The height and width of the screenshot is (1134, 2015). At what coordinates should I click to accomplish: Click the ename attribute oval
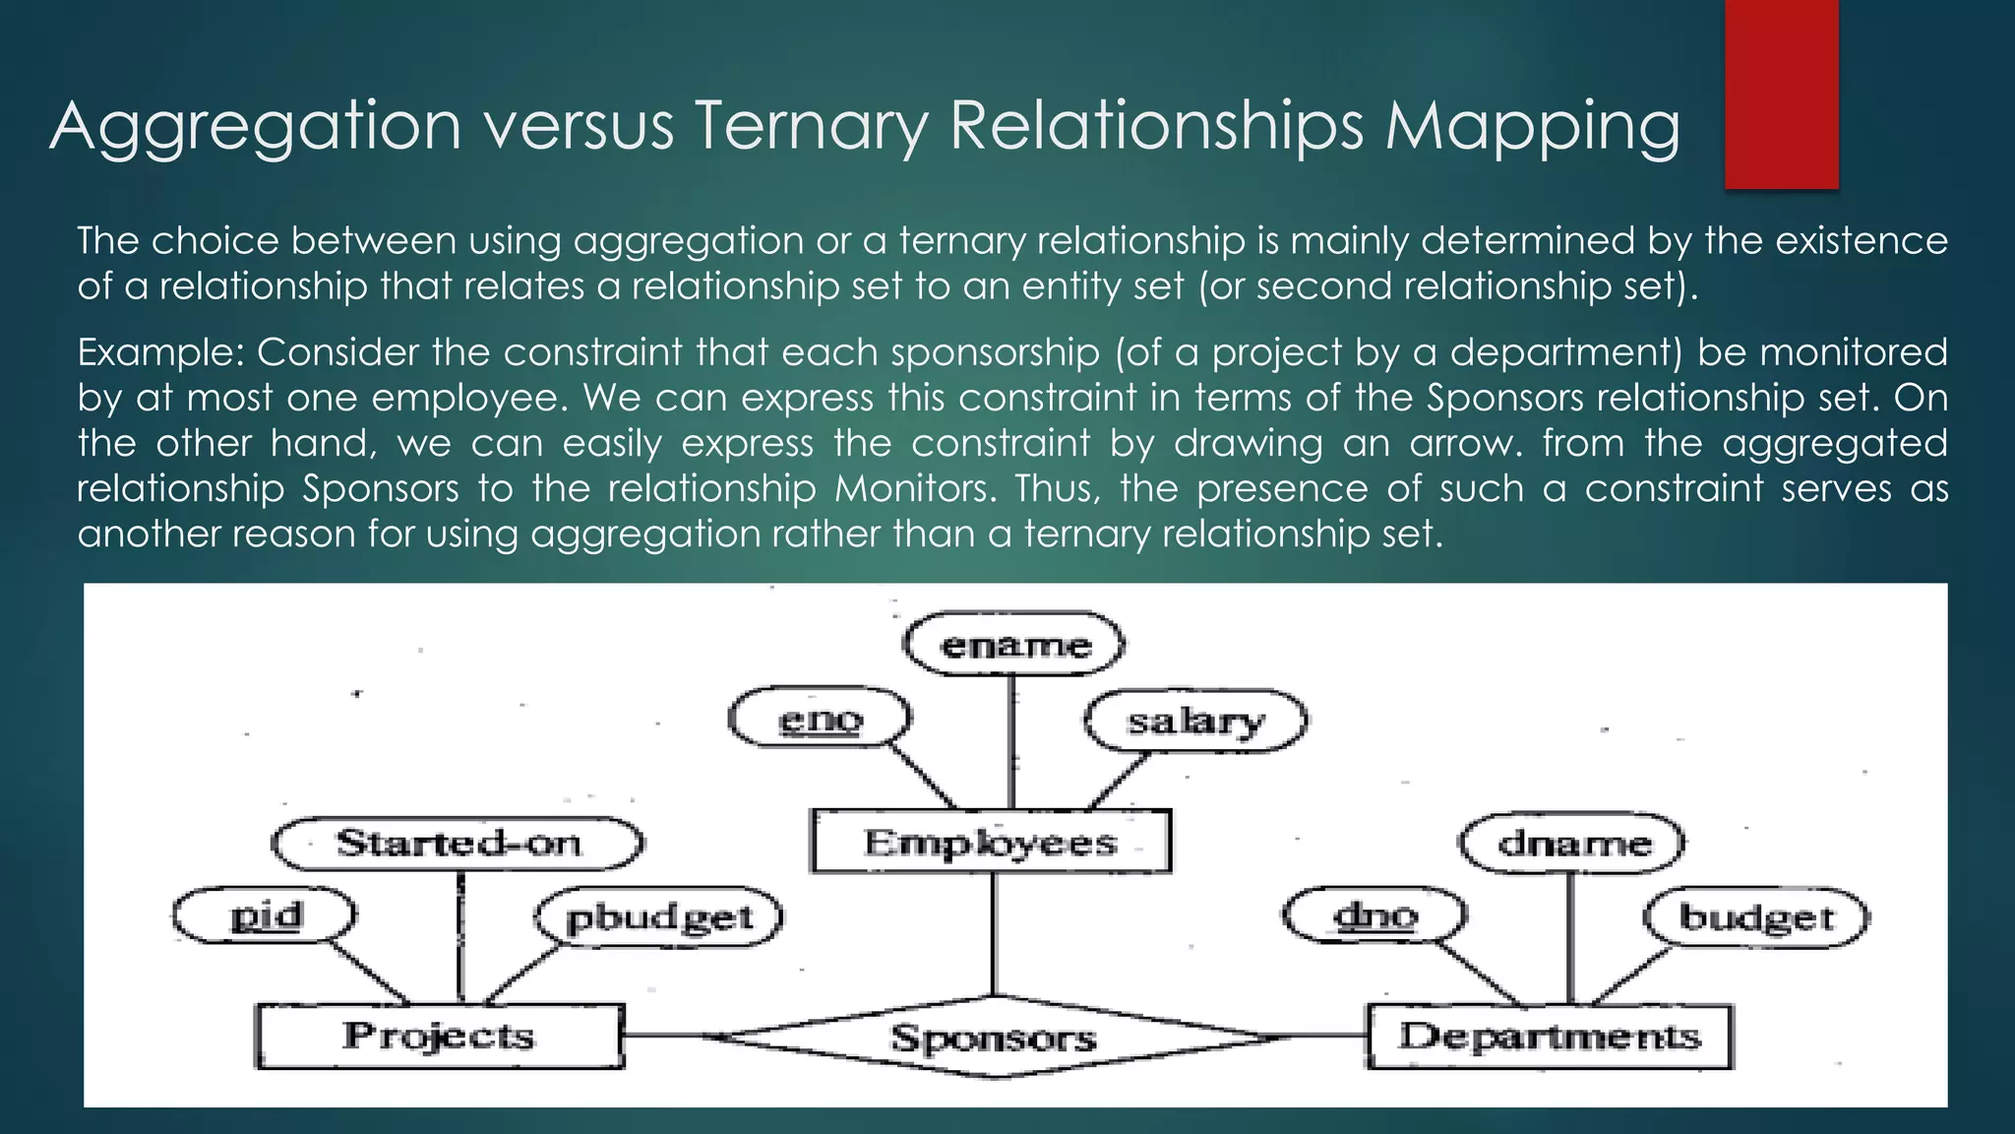coord(1014,646)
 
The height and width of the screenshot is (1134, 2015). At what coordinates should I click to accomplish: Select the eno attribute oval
coord(820,720)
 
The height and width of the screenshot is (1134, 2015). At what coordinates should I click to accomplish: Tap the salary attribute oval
coord(1195,722)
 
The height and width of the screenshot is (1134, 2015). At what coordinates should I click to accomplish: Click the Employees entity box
coord(991,842)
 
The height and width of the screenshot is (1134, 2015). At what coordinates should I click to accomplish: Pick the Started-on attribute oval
coord(458,844)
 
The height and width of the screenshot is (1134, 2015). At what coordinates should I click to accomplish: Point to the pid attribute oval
coord(265,915)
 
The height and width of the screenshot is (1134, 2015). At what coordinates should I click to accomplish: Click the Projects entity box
coord(439,1036)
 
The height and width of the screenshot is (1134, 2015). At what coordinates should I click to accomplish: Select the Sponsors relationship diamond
coord(994,1038)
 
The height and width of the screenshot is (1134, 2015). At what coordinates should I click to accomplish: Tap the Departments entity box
coord(1550,1036)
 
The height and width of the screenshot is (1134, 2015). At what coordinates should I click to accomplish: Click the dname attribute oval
coord(1572,844)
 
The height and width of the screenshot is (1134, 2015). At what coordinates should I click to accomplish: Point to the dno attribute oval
coord(1374,916)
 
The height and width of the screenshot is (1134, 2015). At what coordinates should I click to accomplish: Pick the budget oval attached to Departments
coord(1756,917)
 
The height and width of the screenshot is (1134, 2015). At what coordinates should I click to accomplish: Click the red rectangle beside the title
coord(1781,94)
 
